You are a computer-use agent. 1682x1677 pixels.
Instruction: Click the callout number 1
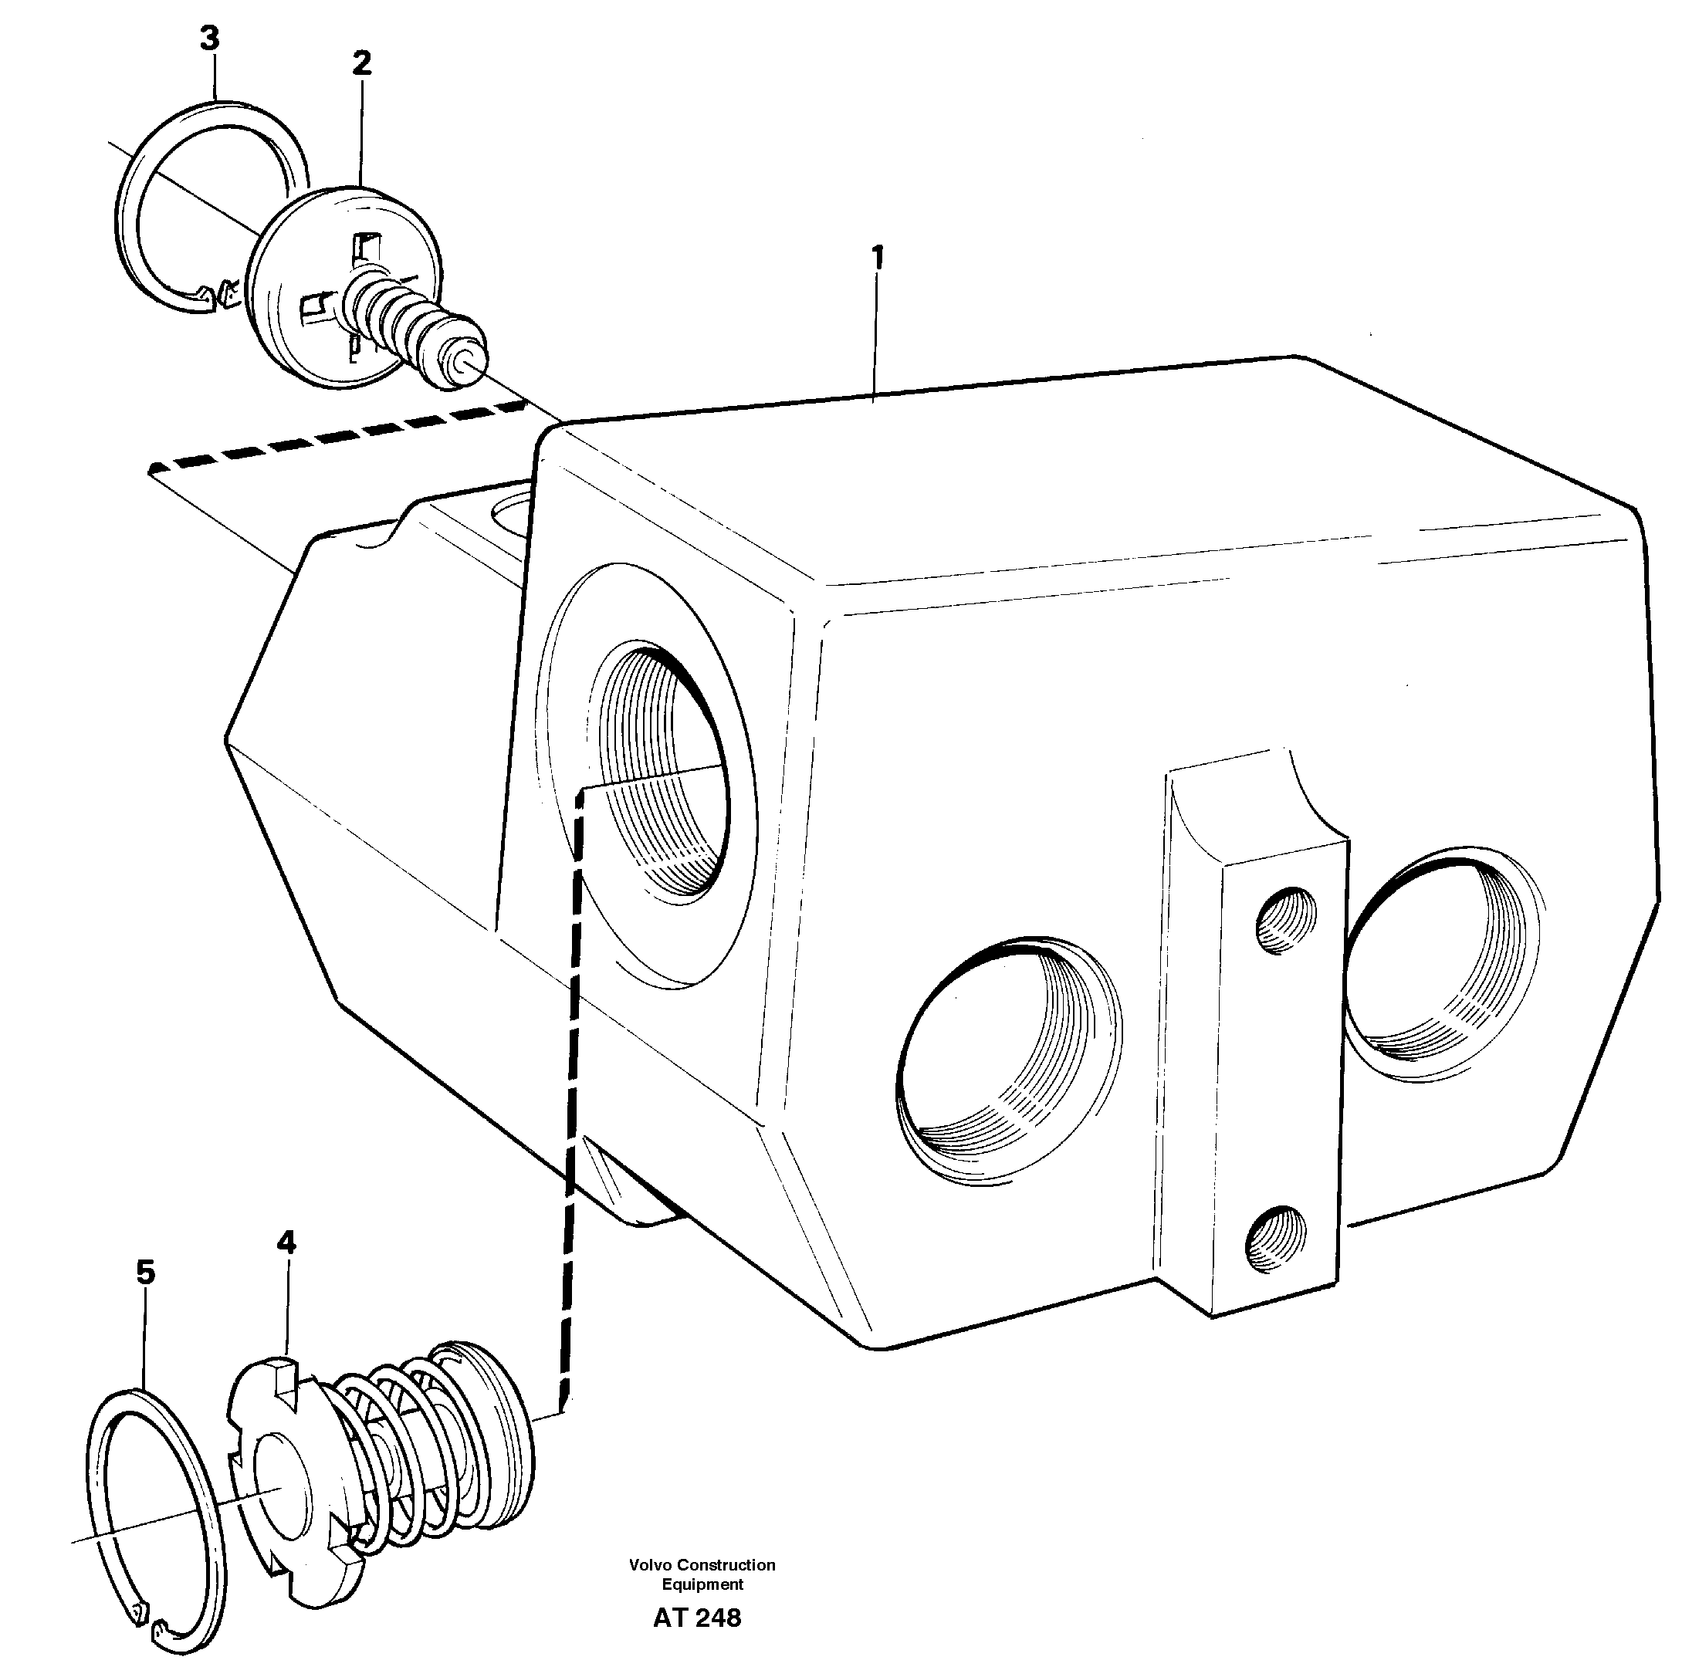pyautogui.click(x=878, y=258)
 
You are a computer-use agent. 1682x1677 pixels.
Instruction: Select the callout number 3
pyautogui.click(x=209, y=39)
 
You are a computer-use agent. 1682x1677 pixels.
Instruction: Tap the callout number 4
pyautogui.click(x=286, y=1242)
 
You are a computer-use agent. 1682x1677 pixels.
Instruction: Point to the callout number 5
pyautogui.click(x=145, y=1273)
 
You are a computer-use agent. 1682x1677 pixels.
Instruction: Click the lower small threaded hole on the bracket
pyautogui.click(x=1278, y=1239)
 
